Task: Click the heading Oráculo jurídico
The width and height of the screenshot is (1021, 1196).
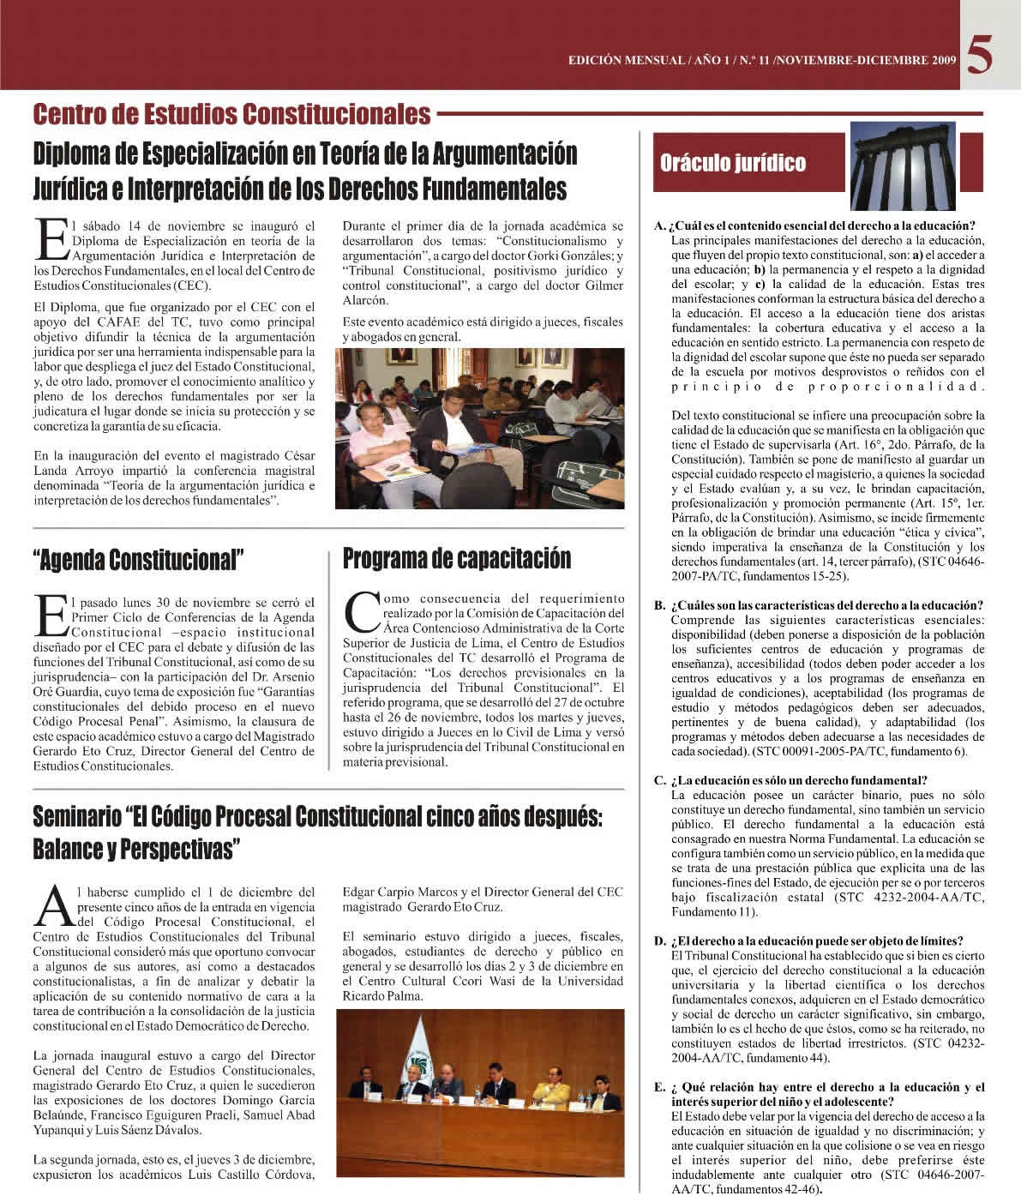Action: tap(732, 163)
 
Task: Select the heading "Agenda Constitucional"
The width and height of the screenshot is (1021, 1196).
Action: tap(138, 560)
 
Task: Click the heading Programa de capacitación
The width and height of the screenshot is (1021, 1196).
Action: tap(456, 559)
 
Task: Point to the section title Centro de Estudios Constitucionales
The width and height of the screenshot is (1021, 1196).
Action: tap(231, 113)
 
